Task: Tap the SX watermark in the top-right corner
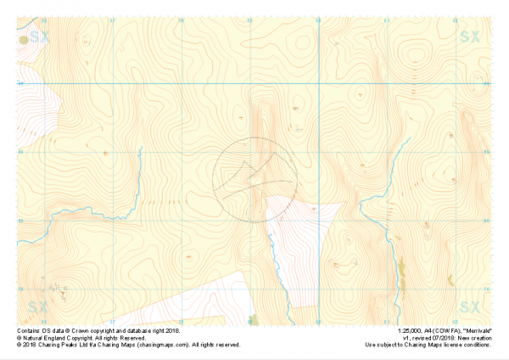tap(470, 37)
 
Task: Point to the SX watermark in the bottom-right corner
tap(470, 306)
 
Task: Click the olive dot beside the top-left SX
tap(23, 38)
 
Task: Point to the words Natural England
tap(42, 337)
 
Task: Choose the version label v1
tap(406, 337)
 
